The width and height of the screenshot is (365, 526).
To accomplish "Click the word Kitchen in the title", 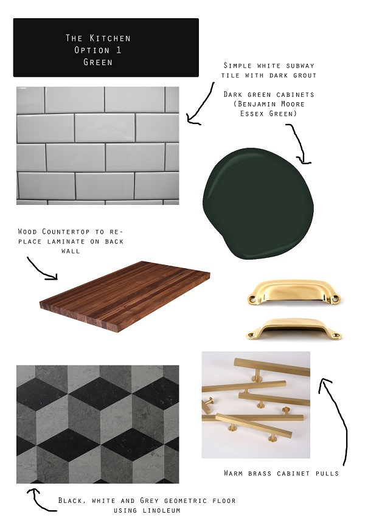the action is coord(110,38).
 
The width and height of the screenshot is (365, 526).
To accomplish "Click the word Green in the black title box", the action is coord(98,62).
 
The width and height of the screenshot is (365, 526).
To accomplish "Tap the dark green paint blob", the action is coord(258,203).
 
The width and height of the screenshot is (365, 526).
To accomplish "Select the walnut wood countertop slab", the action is coord(125,296).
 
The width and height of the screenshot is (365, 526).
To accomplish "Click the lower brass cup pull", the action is coord(294,329).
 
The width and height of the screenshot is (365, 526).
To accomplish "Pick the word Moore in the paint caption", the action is coord(292,104).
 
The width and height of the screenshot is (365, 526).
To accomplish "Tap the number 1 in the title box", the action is coord(119,50).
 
